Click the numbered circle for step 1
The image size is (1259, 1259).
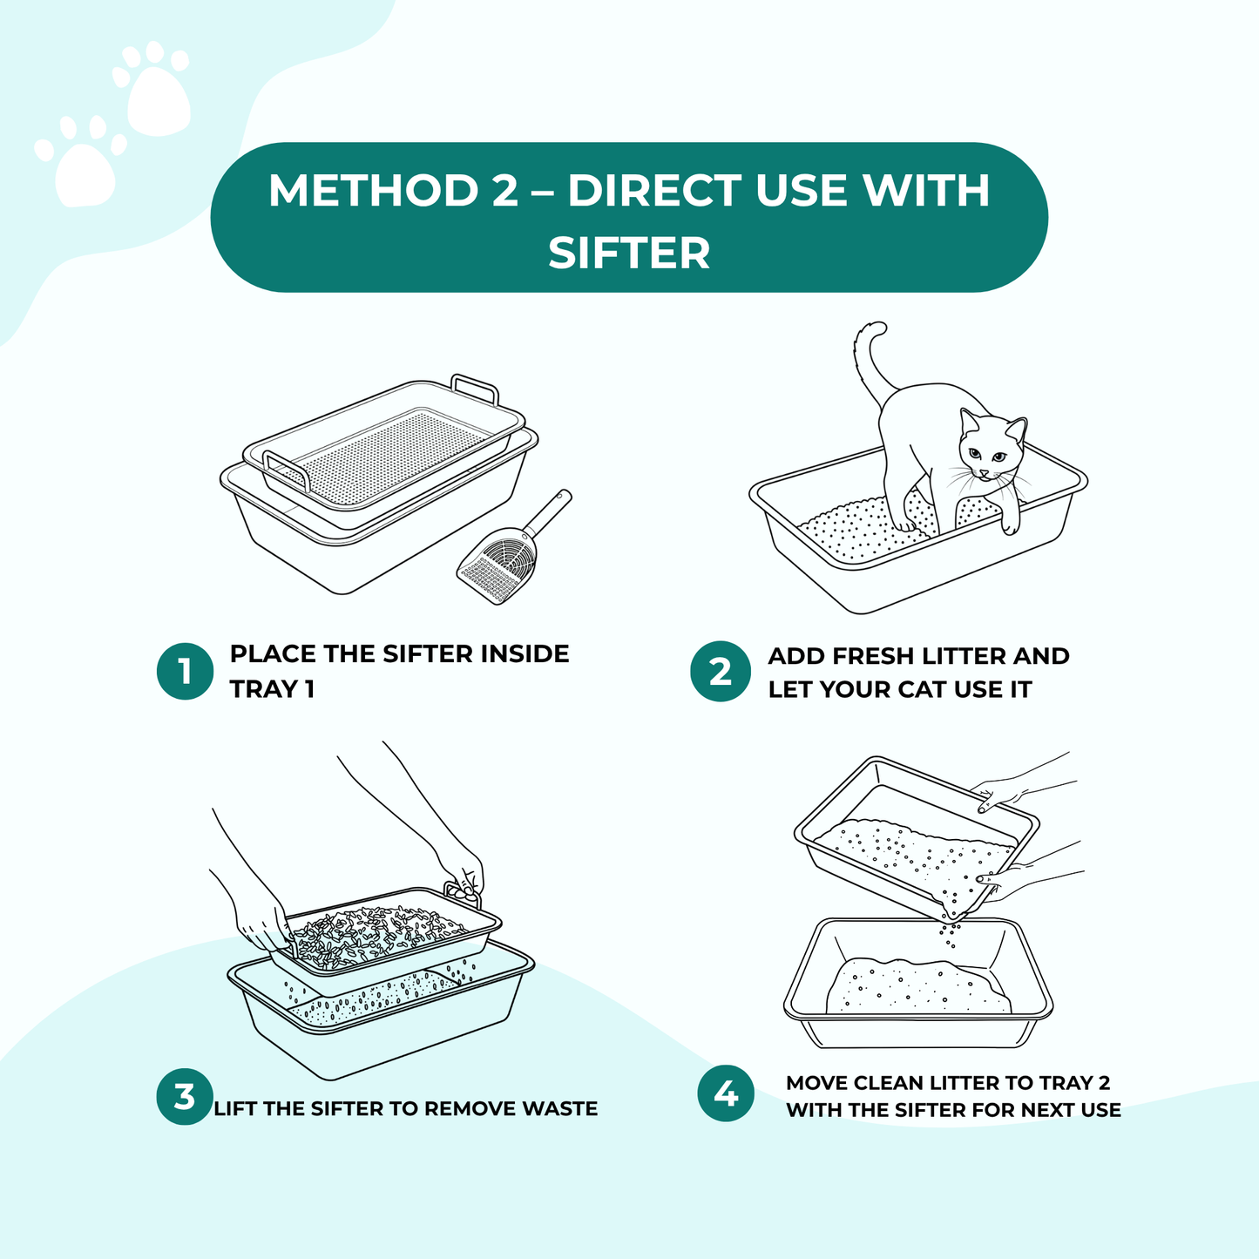pos(185,672)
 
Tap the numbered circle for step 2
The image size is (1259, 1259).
pos(720,672)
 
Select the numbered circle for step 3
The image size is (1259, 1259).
pos(185,1096)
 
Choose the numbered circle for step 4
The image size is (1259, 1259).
pos(726,1093)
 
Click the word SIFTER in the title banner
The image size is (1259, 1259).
pos(629,253)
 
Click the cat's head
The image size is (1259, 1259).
pos(992,448)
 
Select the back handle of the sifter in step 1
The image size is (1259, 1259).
pos(475,387)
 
